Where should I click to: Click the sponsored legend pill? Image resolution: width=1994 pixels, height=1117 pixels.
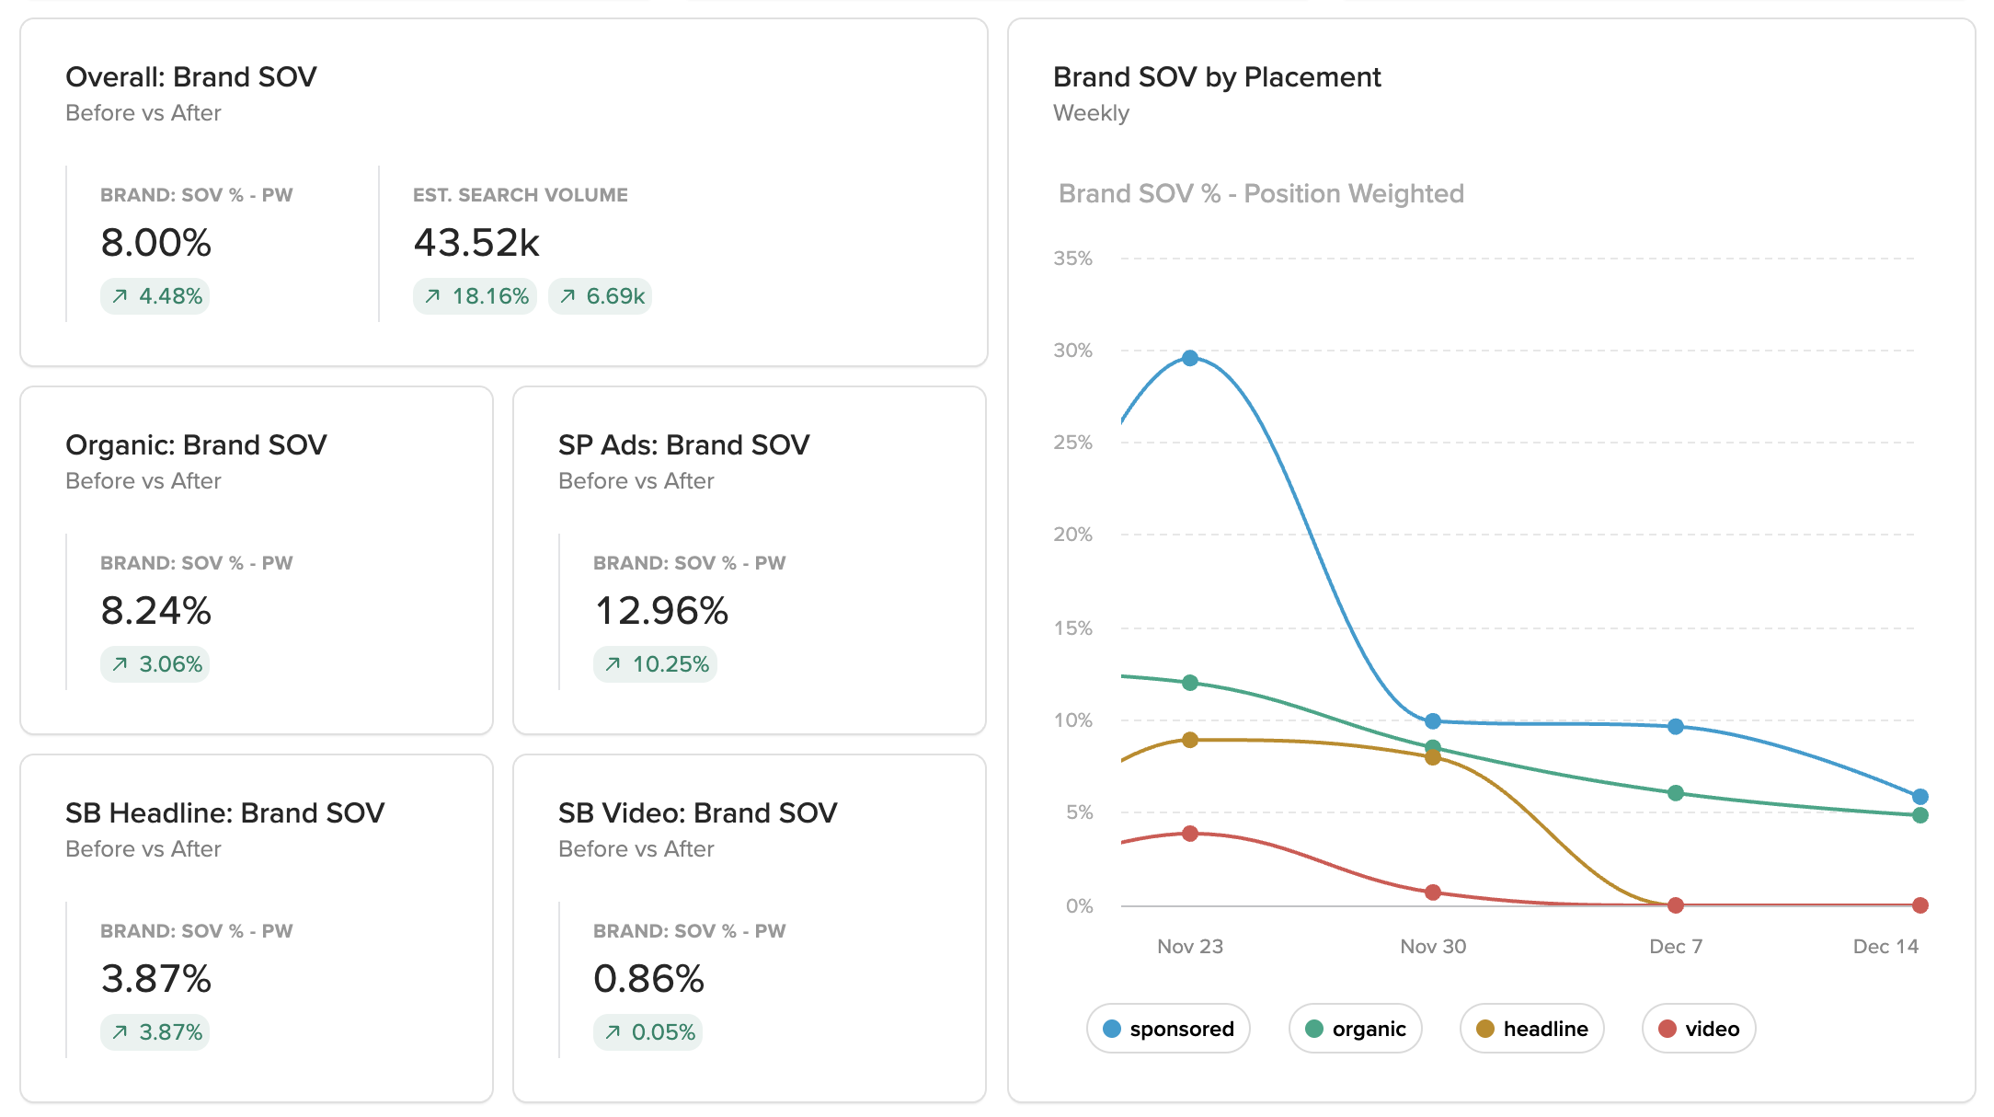pyautogui.click(x=1168, y=1029)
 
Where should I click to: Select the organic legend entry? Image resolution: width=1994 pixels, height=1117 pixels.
pyautogui.click(x=1355, y=1029)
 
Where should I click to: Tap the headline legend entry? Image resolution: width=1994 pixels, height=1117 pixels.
pyautogui.click(x=1531, y=1029)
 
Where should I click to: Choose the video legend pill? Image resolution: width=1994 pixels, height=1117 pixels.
pyautogui.click(x=1698, y=1029)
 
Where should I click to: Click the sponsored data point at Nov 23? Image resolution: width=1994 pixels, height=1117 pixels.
pyautogui.click(x=1190, y=358)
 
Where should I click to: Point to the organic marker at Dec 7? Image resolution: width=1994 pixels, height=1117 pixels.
pyautogui.click(x=1676, y=793)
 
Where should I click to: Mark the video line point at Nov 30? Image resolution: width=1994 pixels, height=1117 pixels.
pyautogui.click(x=1433, y=892)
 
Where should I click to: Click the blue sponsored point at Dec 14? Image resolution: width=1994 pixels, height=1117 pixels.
pyautogui.click(x=1920, y=797)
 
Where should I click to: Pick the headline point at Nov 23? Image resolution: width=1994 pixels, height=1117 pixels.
pyautogui.click(x=1190, y=740)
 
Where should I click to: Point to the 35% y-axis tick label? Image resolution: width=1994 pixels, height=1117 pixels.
pyautogui.click(x=1072, y=259)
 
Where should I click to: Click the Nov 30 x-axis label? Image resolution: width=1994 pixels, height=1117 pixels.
pyautogui.click(x=1433, y=946)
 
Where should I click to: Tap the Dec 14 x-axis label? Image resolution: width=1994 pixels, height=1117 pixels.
pyautogui.click(x=1885, y=946)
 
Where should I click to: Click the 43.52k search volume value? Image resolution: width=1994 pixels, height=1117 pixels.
pyautogui.click(x=476, y=243)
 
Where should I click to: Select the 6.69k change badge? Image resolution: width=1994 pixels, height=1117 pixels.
pyautogui.click(x=601, y=296)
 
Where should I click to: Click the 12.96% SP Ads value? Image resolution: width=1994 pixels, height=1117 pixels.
pyautogui.click(x=661, y=611)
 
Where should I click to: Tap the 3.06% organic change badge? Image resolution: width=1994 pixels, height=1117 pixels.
pyautogui.click(x=155, y=664)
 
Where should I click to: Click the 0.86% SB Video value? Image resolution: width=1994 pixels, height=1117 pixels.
pyautogui.click(x=648, y=979)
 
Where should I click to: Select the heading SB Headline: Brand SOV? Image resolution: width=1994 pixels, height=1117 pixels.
pyautogui.click(x=224, y=813)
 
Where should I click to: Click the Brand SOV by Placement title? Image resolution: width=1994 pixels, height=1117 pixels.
pyautogui.click(x=1217, y=77)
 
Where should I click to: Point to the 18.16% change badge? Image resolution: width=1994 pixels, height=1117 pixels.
pyautogui.click(x=475, y=296)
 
